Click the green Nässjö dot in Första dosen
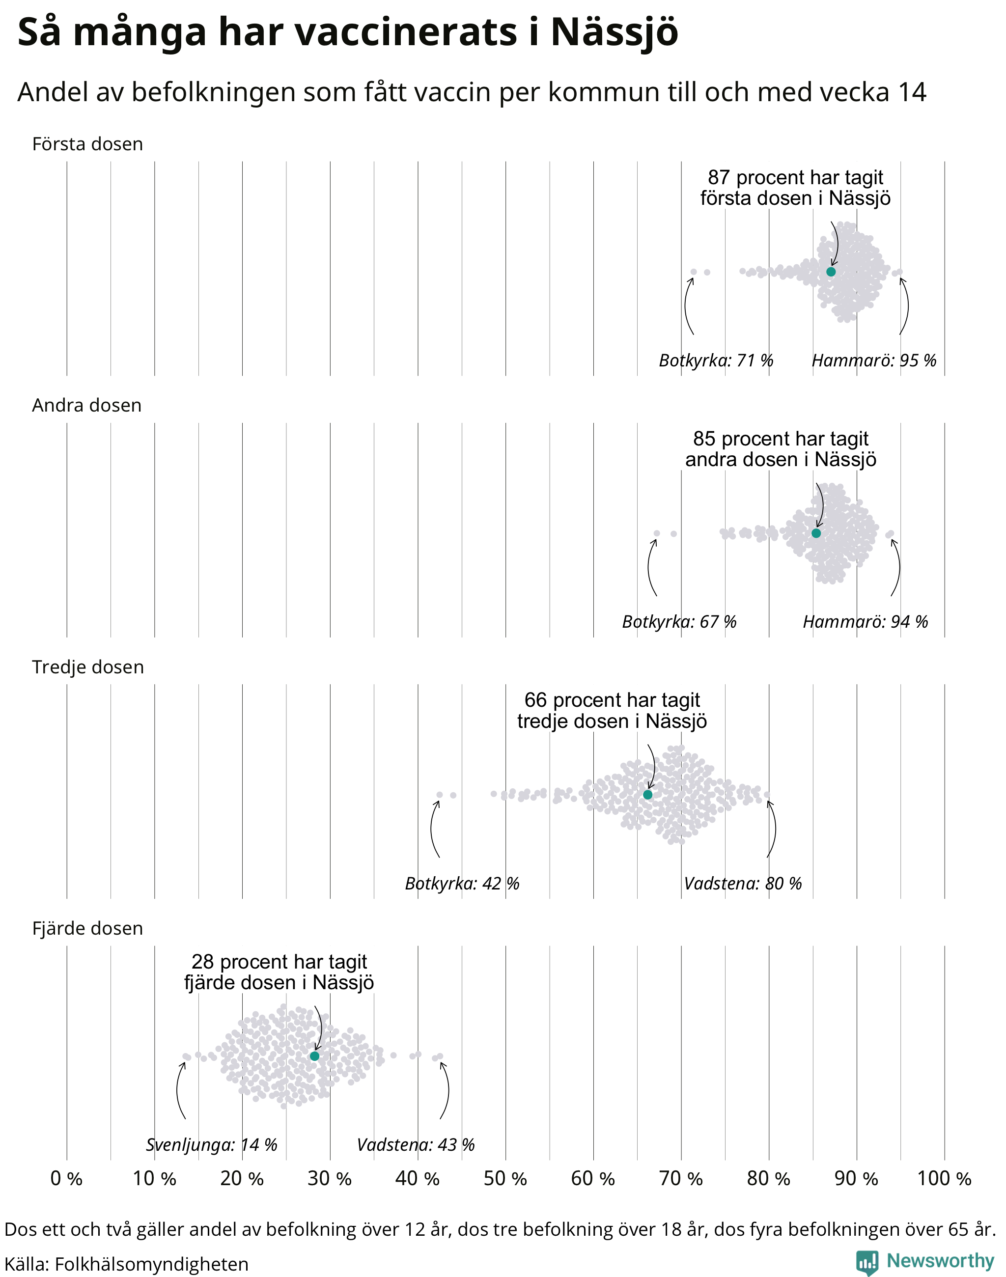(831, 272)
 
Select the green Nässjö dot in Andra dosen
(816, 533)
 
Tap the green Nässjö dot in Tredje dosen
(648, 795)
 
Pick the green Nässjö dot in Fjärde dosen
(314, 1056)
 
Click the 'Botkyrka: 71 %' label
(716, 360)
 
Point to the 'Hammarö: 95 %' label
(874, 360)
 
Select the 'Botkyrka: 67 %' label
(679, 621)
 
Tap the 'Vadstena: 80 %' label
(743, 883)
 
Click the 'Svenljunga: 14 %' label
(211, 1144)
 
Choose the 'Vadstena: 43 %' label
(416, 1144)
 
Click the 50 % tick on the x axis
(505, 1179)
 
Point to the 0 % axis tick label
(66, 1179)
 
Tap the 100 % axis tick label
(944, 1179)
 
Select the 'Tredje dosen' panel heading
(88, 667)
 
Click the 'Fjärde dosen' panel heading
(87, 928)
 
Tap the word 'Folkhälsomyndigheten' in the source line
(151, 1264)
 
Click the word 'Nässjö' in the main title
(615, 32)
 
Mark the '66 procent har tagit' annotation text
(612, 700)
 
